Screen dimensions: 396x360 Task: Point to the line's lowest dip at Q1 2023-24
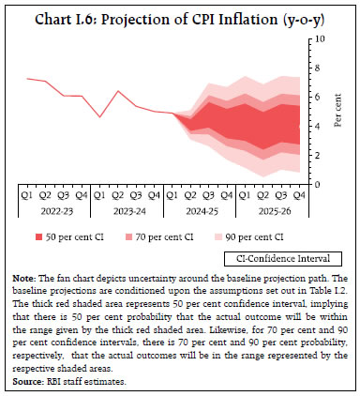tap(100, 116)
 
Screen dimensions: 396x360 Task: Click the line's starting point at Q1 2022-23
tap(29, 79)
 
